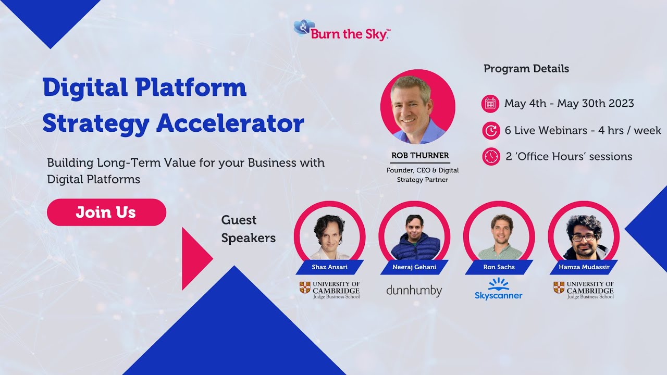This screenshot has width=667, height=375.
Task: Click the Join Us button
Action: point(106,212)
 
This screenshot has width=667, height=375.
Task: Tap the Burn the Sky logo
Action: point(342,30)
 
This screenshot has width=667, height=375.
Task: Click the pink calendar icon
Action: point(490,104)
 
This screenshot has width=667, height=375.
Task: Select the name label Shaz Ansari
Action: point(330,267)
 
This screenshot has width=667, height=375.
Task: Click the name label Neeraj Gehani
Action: point(414,267)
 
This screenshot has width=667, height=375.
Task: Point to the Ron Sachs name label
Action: point(499,267)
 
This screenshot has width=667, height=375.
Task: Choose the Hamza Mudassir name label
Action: point(584,267)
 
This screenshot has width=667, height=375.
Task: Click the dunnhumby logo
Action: point(414,291)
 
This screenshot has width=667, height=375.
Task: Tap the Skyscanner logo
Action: point(499,289)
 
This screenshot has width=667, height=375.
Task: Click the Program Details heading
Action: point(526,69)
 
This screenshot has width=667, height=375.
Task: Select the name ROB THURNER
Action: point(420,155)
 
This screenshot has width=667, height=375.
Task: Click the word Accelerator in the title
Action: point(230,123)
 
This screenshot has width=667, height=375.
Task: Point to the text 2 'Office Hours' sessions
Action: point(569,157)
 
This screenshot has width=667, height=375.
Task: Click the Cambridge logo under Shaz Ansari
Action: point(330,290)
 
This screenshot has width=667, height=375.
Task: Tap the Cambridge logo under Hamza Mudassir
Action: point(584,290)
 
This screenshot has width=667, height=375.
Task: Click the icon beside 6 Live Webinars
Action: point(491,130)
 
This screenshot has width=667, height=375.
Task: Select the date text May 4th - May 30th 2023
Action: point(569,104)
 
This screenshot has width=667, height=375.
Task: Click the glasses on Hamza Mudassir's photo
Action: point(584,238)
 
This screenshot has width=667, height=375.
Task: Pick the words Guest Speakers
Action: point(249,229)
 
